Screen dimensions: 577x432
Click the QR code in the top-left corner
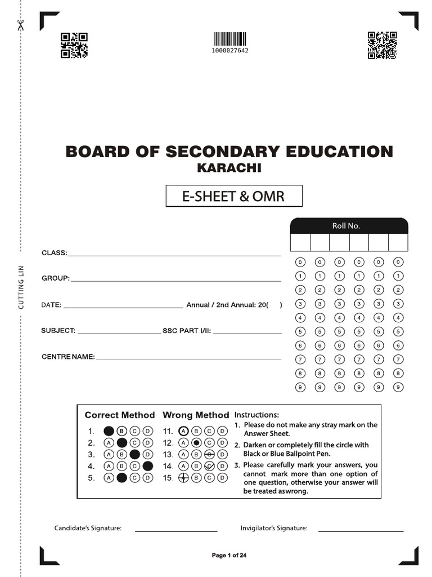click(74, 46)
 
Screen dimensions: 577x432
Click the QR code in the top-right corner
click(382, 46)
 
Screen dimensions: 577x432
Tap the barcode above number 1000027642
click(229, 39)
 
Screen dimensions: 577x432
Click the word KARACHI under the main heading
click(229, 168)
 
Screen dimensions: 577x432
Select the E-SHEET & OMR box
click(233, 196)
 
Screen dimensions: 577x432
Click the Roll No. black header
click(349, 226)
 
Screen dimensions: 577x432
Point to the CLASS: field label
click(54, 253)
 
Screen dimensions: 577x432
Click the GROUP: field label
click(55, 278)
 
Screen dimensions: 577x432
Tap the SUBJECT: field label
click(58, 331)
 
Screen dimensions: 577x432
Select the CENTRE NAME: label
click(67, 357)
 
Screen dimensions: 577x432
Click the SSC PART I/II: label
click(187, 331)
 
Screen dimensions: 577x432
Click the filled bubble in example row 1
click(109, 431)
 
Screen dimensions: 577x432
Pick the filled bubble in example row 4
click(147, 466)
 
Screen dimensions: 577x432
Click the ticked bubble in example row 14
click(209, 466)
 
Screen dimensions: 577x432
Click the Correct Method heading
click(119, 415)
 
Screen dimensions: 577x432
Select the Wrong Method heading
click(196, 415)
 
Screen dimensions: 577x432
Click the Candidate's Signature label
click(88, 529)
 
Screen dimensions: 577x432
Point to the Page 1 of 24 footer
click(229, 556)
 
